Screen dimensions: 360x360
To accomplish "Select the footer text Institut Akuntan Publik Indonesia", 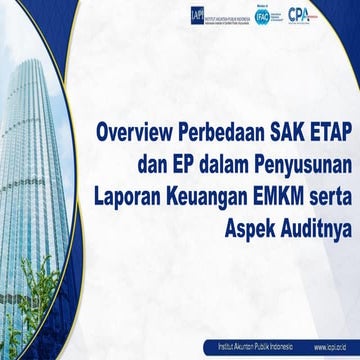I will pos(246,346).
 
